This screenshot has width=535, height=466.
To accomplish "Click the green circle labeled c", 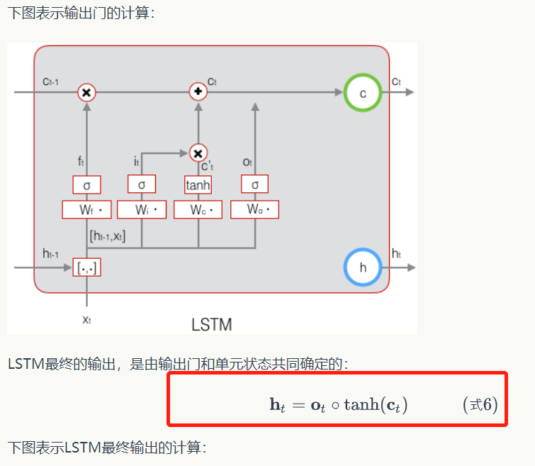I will [363, 92].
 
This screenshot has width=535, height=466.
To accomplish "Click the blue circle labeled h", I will [363, 267].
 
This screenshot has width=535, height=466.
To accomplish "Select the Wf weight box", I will [87, 210].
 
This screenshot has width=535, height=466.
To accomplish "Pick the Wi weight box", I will [142, 210].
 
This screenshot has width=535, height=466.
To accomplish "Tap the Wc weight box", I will [198, 210].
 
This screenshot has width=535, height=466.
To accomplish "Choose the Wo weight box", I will [254, 210].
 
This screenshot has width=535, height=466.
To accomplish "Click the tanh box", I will [198, 184].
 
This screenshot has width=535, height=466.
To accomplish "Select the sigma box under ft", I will [86, 184].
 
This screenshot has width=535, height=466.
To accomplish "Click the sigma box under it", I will [142, 184].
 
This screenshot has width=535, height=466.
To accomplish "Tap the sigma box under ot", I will [254, 184].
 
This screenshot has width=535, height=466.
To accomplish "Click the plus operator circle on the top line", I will [198, 92].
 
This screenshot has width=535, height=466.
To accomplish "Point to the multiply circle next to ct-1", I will [86, 92].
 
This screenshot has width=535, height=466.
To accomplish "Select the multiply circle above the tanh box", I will [198, 152].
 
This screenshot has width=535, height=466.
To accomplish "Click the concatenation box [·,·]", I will [87, 268].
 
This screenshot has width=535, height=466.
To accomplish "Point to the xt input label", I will [86, 319].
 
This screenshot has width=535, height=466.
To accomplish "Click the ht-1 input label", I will [51, 253].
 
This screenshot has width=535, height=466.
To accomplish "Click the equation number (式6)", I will [480, 405].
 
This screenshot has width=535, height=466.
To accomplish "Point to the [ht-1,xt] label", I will [108, 235].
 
